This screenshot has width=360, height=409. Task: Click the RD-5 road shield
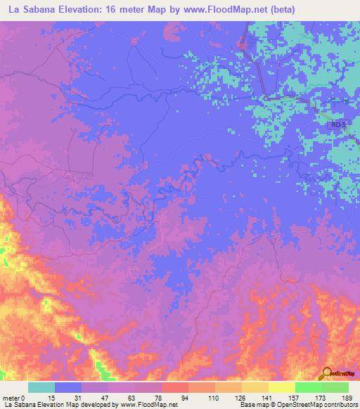tap(340, 124)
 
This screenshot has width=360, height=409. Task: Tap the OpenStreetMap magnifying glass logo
tap(326, 374)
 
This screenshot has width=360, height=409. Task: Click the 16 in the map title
tap(113, 9)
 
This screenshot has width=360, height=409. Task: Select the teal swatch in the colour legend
tap(41, 387)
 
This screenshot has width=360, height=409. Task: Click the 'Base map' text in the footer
tap(254, 405)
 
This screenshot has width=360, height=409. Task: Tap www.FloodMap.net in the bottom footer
tap(149, 405)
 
